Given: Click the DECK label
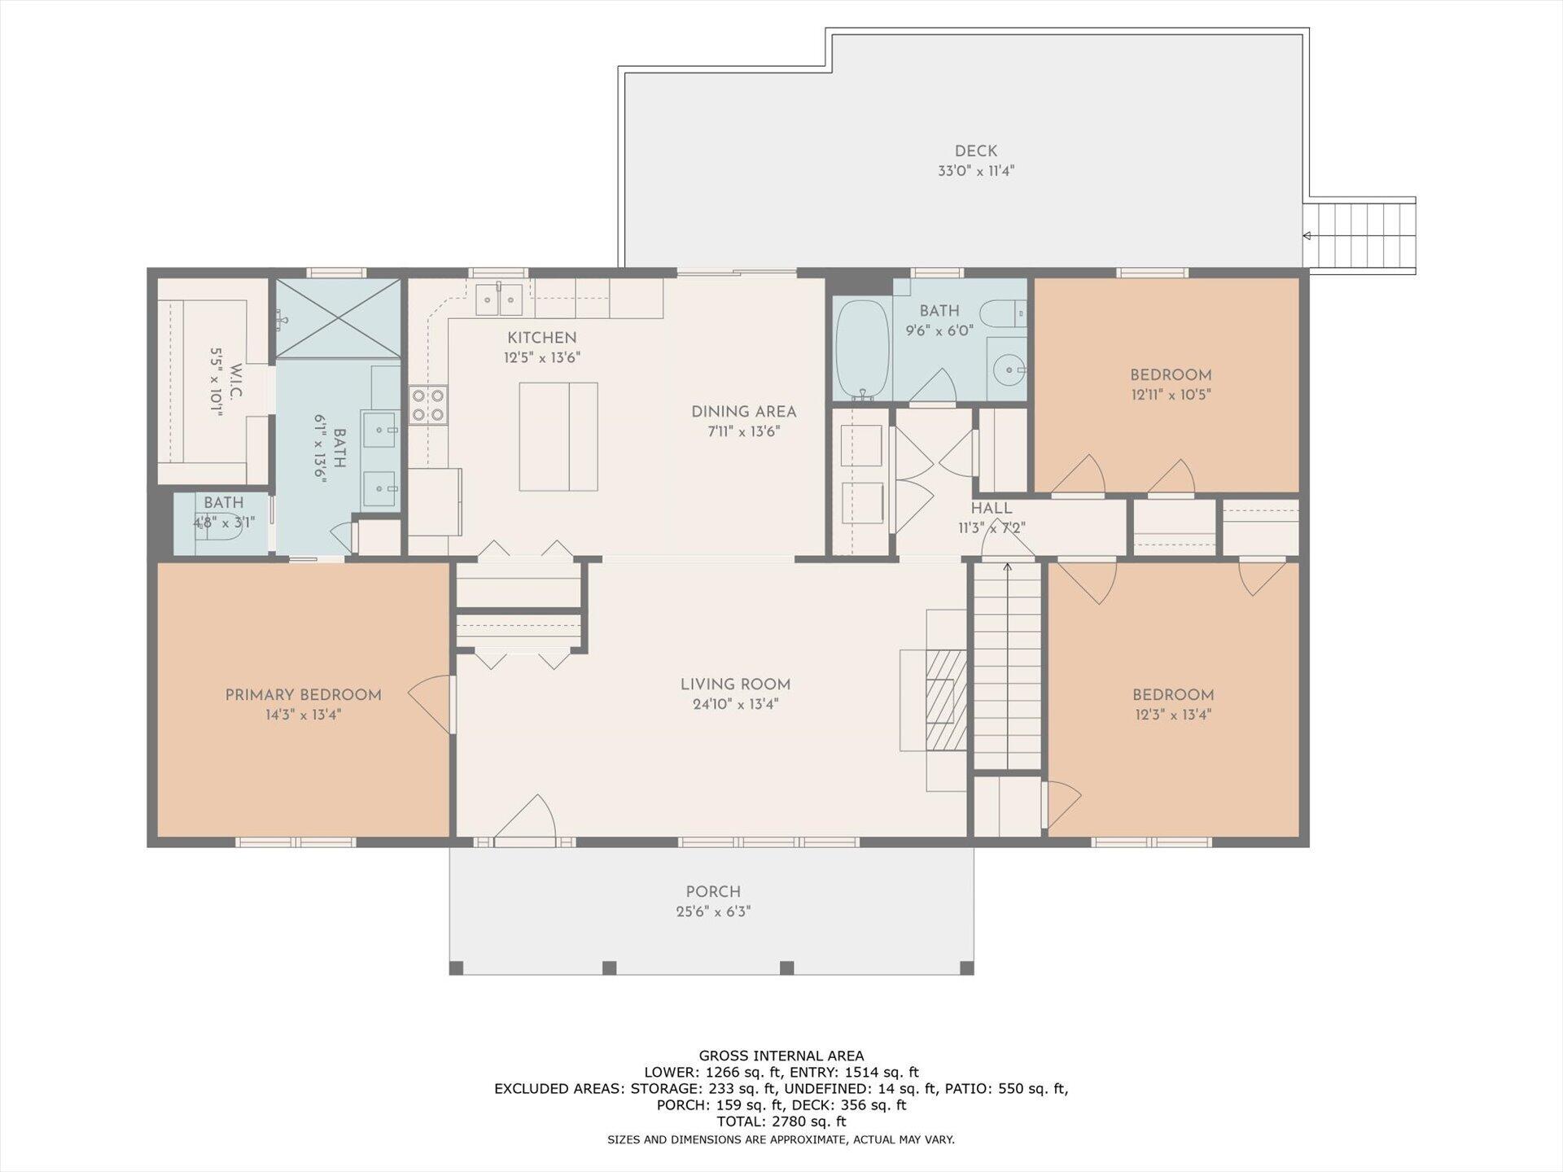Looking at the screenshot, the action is [x=975, y=151].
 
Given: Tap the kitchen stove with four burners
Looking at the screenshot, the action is [x=428, y=405].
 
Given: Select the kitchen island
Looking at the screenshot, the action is [x=558, y=437].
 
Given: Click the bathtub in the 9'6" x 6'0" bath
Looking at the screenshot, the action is [x=863, y=350].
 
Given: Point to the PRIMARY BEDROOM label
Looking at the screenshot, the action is [x=303, y=695].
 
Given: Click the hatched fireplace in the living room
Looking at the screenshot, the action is [x=946, y=699].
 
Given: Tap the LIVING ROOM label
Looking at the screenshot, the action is [x=735, y=684].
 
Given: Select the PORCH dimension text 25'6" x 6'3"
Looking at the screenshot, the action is [x=713, y=912].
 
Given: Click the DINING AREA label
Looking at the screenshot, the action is [x=743, y=412].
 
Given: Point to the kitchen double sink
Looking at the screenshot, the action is [x=499, y=300].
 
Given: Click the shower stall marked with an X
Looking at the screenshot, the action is [x=338, y=318].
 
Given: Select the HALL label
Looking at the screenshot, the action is [x=992, y=509].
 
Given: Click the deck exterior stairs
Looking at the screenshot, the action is [x=1359, y=235].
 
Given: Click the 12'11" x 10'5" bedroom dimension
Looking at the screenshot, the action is [x=1171, y=395].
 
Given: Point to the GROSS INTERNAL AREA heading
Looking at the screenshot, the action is [x=781, y=1056].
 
